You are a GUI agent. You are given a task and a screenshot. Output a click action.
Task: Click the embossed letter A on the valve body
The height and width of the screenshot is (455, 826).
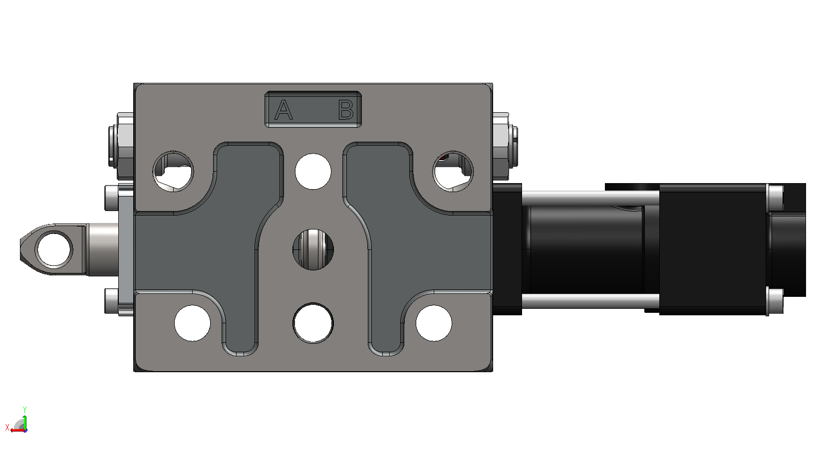coord(283,110)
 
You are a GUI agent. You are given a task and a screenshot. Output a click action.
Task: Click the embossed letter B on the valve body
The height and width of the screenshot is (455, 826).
coord(346,110)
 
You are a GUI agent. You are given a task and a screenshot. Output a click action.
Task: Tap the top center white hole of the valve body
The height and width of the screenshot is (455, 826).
coord(313,172)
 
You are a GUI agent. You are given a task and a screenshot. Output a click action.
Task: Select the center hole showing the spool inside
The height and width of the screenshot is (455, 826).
coord(313,249)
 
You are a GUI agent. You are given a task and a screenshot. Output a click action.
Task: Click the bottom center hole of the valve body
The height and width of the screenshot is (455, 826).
coord(313,323)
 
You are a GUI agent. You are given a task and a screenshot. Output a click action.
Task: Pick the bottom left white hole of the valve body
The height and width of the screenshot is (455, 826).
coord(192,323)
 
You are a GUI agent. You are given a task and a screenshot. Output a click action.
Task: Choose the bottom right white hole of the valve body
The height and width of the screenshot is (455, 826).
coord(434,323)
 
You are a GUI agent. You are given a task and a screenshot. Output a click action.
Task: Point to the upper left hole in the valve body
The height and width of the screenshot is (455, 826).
coord(173,171)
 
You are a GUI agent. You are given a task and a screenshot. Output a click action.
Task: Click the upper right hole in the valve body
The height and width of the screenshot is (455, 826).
coord(453,171)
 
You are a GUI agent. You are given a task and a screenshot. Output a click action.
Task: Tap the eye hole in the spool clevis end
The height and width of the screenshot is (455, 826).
coord(54,249)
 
